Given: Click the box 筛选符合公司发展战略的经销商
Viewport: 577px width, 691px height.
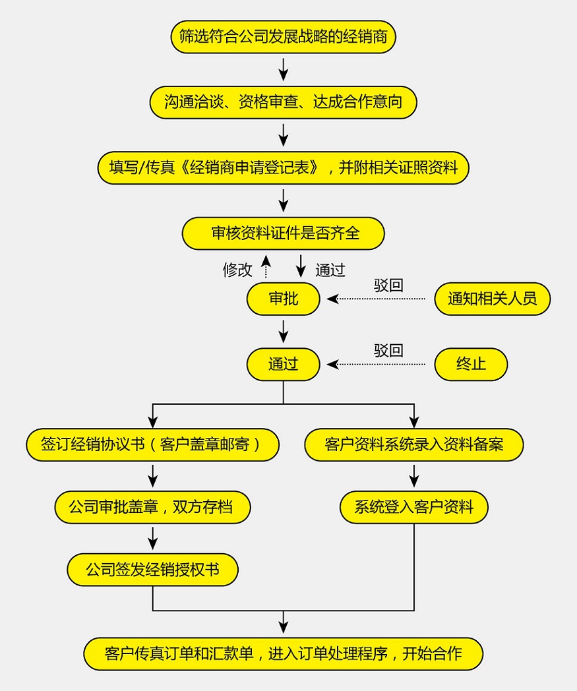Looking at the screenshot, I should [283, 37].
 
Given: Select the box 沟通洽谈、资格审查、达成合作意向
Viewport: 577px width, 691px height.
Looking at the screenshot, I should [283, 102].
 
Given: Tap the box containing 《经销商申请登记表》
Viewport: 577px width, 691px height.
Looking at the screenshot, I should [283, 167].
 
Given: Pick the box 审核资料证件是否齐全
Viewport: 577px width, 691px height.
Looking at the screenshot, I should [283, 233].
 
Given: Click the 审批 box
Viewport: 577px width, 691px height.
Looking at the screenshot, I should [283, 299].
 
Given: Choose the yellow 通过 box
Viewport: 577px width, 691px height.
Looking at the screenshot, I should [283, 364].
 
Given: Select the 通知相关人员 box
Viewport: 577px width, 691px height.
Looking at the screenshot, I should [492, 299].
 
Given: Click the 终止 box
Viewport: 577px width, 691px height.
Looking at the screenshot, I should [471, 364].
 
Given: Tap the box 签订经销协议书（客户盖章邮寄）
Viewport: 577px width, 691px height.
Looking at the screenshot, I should [152, 444].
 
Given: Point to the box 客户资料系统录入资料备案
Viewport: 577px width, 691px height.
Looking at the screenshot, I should [414, 444].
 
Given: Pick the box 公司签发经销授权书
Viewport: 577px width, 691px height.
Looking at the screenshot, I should [152, 570].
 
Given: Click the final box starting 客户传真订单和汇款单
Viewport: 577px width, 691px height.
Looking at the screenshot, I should [283, 654].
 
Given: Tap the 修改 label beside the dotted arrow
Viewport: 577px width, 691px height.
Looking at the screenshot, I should [237, 270].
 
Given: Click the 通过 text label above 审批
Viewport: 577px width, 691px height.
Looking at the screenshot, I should [330, 270].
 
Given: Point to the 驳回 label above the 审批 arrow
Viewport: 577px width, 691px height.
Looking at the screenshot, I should [388, 285].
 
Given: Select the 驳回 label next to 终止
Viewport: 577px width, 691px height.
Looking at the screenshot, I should [388, 350].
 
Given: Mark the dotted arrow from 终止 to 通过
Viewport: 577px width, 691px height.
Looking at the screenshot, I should [377, 364].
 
